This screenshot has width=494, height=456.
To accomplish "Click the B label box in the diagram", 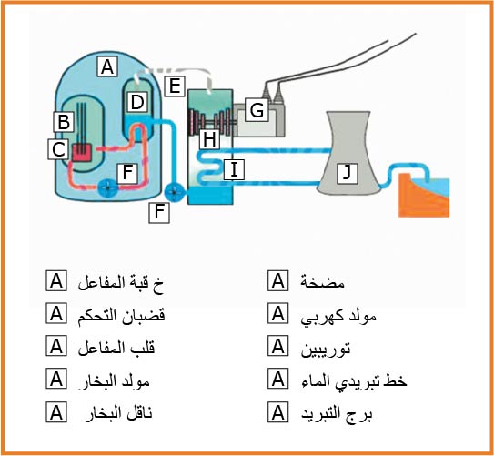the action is coord(64,122).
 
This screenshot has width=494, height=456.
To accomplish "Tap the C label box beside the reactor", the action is coord(58,149).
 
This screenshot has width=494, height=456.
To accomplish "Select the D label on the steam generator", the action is coord(137,102).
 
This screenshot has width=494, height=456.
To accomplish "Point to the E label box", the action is coord(175,86).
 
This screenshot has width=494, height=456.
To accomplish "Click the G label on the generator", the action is coord(257,110).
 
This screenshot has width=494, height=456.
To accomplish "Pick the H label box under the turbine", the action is coord(209,139).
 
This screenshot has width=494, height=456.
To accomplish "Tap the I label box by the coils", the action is coord(234,169).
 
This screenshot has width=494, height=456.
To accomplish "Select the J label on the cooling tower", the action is coord(347,173).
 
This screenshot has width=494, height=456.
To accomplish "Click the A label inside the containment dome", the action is coord(107,66).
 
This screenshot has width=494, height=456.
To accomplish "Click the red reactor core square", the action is coord(82,153).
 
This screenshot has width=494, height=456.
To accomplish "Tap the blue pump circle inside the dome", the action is coord(108,188).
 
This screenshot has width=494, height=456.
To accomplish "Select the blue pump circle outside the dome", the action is coord(175,192).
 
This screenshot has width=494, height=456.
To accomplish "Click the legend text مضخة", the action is coord(322,282).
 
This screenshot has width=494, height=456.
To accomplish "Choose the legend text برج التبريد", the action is coord(337,413).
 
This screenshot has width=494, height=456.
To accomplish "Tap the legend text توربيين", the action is coord(326,349).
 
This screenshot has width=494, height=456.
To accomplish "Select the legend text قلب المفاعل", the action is coord(116,348).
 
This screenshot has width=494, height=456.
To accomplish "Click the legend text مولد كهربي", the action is coord(338,316).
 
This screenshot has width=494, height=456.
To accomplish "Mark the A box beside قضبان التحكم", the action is coord(56,314).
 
